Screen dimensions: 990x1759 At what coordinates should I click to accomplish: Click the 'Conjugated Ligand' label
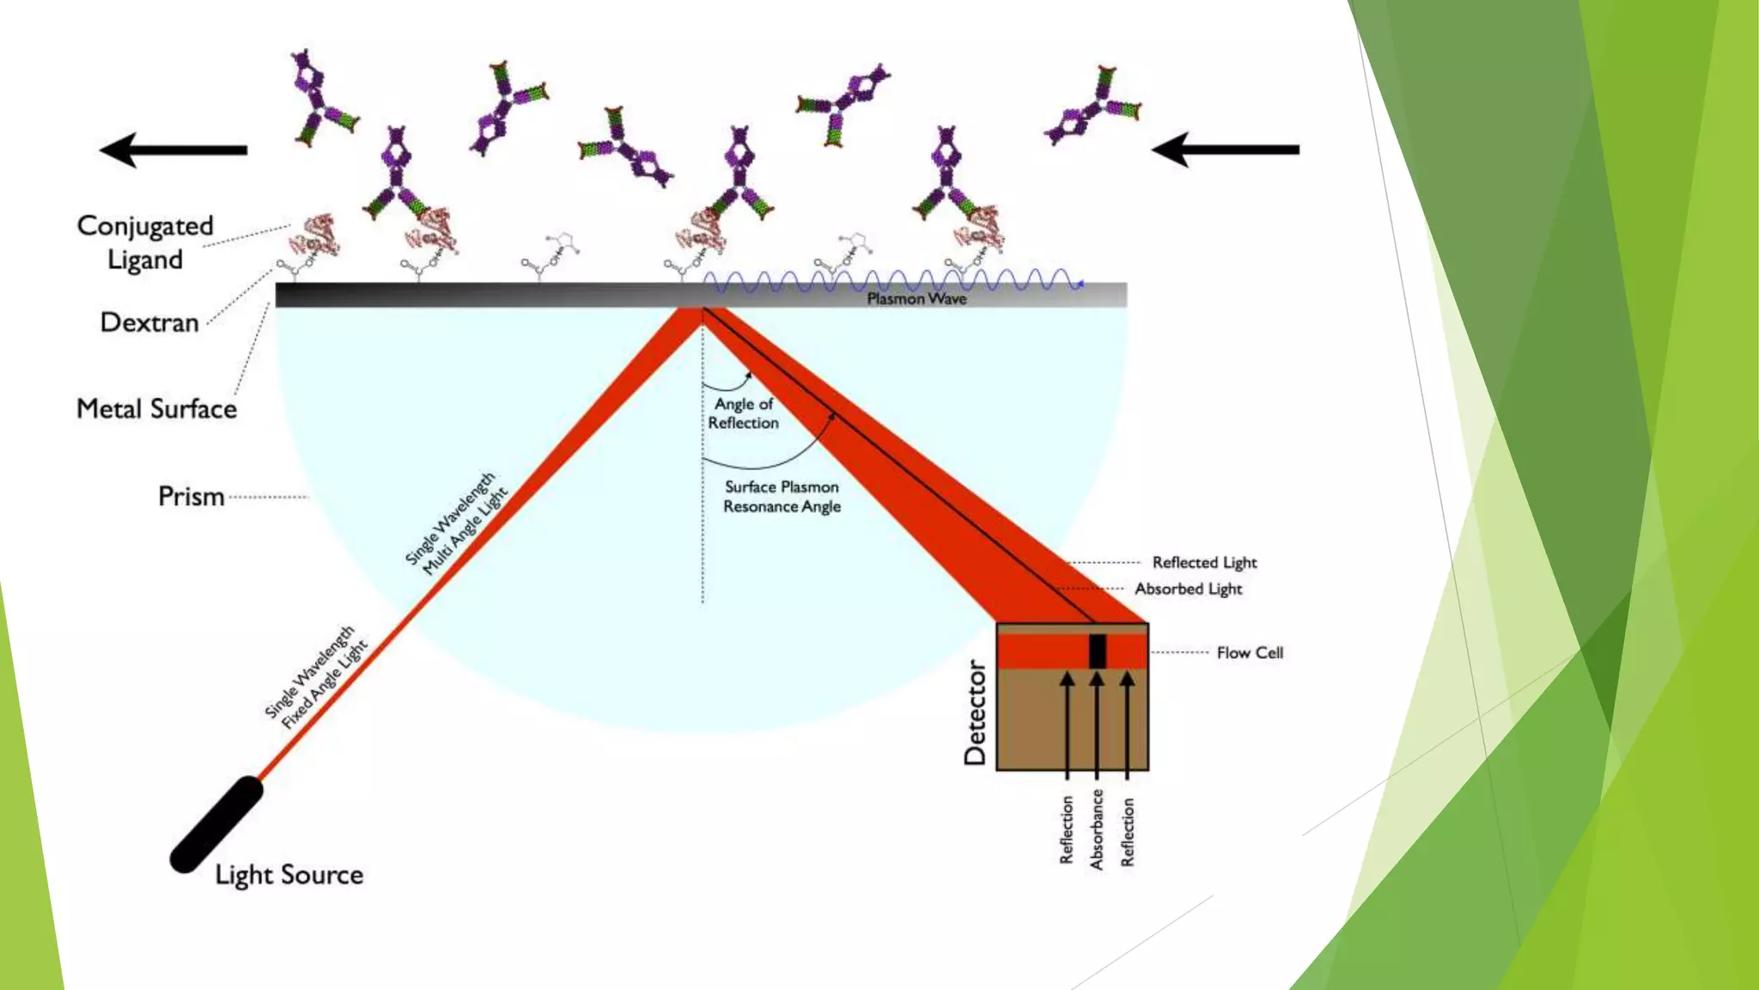145,242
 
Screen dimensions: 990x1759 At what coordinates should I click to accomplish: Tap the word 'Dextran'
149,322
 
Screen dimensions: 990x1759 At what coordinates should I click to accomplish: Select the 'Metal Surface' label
156,408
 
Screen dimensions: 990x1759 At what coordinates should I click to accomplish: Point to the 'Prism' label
191,497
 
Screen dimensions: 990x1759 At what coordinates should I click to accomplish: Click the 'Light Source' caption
289,875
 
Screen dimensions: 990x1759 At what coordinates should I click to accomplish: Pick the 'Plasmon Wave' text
916,299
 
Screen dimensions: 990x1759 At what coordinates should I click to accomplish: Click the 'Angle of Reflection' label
743,413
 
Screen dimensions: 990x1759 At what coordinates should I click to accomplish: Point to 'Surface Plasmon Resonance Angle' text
782,497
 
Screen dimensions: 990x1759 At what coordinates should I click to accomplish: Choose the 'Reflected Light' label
1204,562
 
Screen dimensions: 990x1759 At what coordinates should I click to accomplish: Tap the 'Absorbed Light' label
1189,589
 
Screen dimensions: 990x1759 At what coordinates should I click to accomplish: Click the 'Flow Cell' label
1250,653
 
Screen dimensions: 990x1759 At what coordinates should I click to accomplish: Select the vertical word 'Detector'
975,712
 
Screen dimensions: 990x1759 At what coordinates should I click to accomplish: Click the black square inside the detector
1097,651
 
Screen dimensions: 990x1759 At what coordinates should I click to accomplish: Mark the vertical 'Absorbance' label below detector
1097,830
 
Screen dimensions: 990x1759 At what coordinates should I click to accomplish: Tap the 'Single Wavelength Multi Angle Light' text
456,523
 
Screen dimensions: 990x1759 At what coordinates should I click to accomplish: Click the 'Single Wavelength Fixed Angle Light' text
315,678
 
